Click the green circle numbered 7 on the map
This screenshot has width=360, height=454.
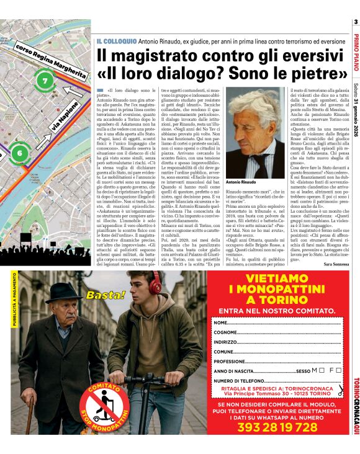pyautogui.click(x=44, y=81)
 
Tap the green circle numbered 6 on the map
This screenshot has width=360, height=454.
pyautogui.click(x=19, y=153)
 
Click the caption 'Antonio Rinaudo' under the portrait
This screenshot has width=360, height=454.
pyautogui.click(x=241, y=182)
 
